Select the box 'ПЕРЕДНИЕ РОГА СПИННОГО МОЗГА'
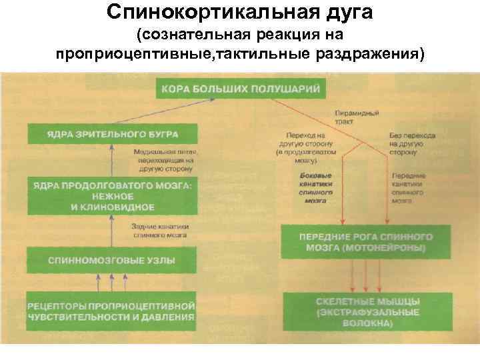(x=366, y=241)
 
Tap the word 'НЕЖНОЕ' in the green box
(x=111, y=197)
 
